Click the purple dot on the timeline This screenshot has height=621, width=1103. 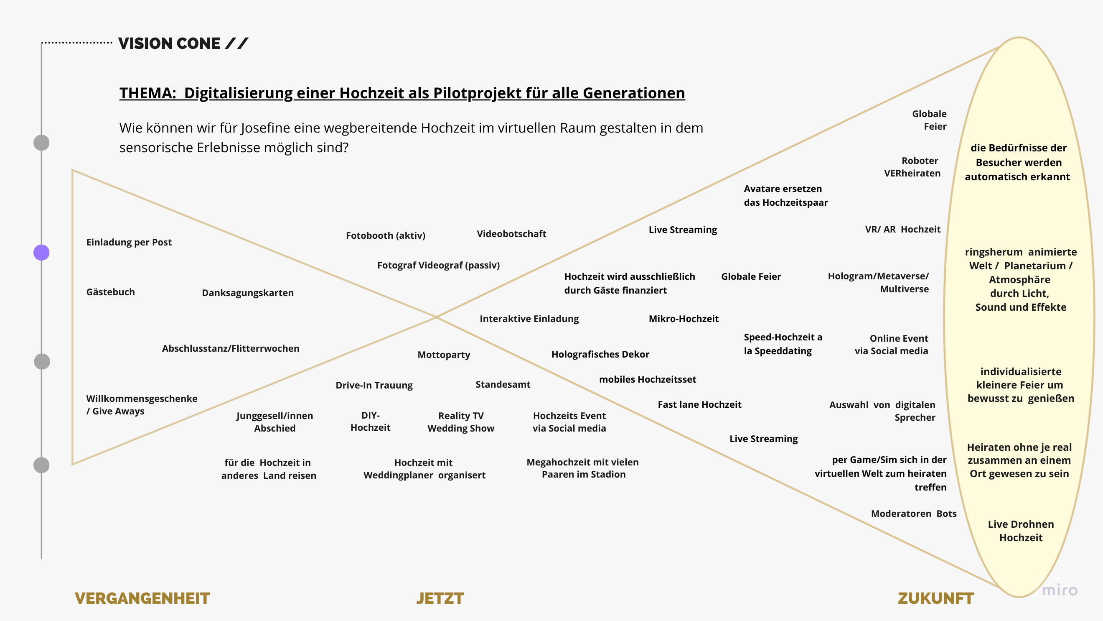(41, 253)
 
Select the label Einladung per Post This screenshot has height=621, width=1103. (129, 242)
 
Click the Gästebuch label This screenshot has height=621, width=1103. (110, 292)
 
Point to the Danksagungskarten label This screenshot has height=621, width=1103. (247, 293)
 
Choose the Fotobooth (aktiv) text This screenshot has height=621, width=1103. (385, 235)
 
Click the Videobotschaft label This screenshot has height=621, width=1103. (511, 234)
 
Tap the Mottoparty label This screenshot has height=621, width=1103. (444, 355)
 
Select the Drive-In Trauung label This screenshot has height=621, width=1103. (374, 385)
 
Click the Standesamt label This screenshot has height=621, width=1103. (503, 384)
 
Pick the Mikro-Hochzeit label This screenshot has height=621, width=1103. (684, 318)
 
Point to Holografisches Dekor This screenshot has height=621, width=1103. (600, 354)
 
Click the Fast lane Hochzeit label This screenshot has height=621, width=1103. (699, 404)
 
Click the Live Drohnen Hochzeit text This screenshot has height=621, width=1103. (1021, 531)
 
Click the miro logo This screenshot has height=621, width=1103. (1059, 590)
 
